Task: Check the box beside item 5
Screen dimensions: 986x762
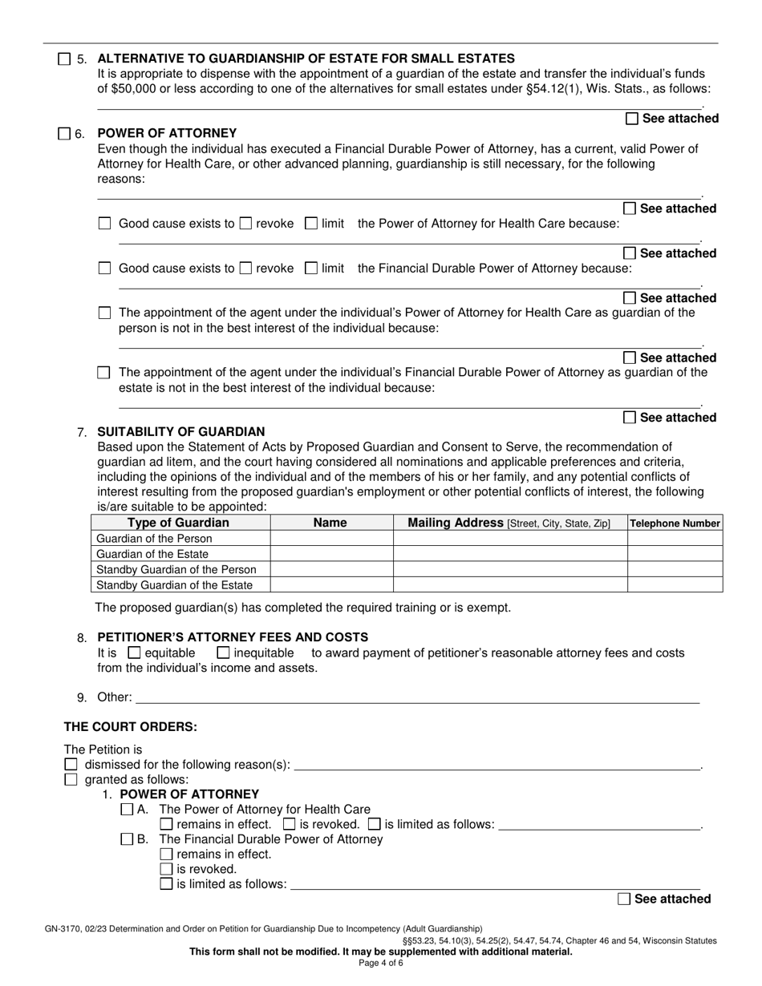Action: pyautogui.click(x=64, y=59)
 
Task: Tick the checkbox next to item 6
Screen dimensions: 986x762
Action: pyautogui.click(x=64, y=134)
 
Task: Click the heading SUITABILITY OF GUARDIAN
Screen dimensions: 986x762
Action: pyautogui.click(x=180, y=431)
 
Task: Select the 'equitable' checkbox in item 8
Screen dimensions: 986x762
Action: pyautogui.click(x=134, y=653)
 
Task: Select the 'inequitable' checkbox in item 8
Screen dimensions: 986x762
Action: pyautogui.click(x=223, y=653)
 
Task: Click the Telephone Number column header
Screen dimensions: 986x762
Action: pyautogui.click(x=675, y=523)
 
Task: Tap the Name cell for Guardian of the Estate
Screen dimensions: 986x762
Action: pyautogui.click(x=331, y=554)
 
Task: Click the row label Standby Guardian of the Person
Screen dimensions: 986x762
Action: pyautogui.click(x=176, y=569)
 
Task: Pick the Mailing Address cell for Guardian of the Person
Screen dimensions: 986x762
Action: pyautogui.click(x=509, y=539)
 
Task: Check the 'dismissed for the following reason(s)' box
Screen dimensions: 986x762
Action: pyautogui.click(x=71, y=764)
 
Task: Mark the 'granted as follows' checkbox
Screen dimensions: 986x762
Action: pyautogui.click(x=71, y=779)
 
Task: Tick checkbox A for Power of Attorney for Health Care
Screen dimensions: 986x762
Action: pyautogui.click(x=127, y=810)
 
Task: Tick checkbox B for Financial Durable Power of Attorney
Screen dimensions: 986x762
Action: pyautogui.click(x=127, y=839)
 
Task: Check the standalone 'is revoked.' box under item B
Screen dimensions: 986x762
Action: pyautogui.click(x=166, y=869)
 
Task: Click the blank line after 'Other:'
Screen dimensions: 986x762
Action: pyautogui.click(x=417, y=697)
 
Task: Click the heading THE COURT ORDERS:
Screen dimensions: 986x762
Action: pyautogui.click(x=130, y=727)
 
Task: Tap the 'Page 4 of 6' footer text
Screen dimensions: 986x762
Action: pyautogui.click(x=380, y=964)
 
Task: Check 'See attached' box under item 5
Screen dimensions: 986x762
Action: pyautogui.click(x=632, y=119)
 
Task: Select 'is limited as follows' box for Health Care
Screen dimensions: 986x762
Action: pyautogui.click(x=374, y=824)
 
